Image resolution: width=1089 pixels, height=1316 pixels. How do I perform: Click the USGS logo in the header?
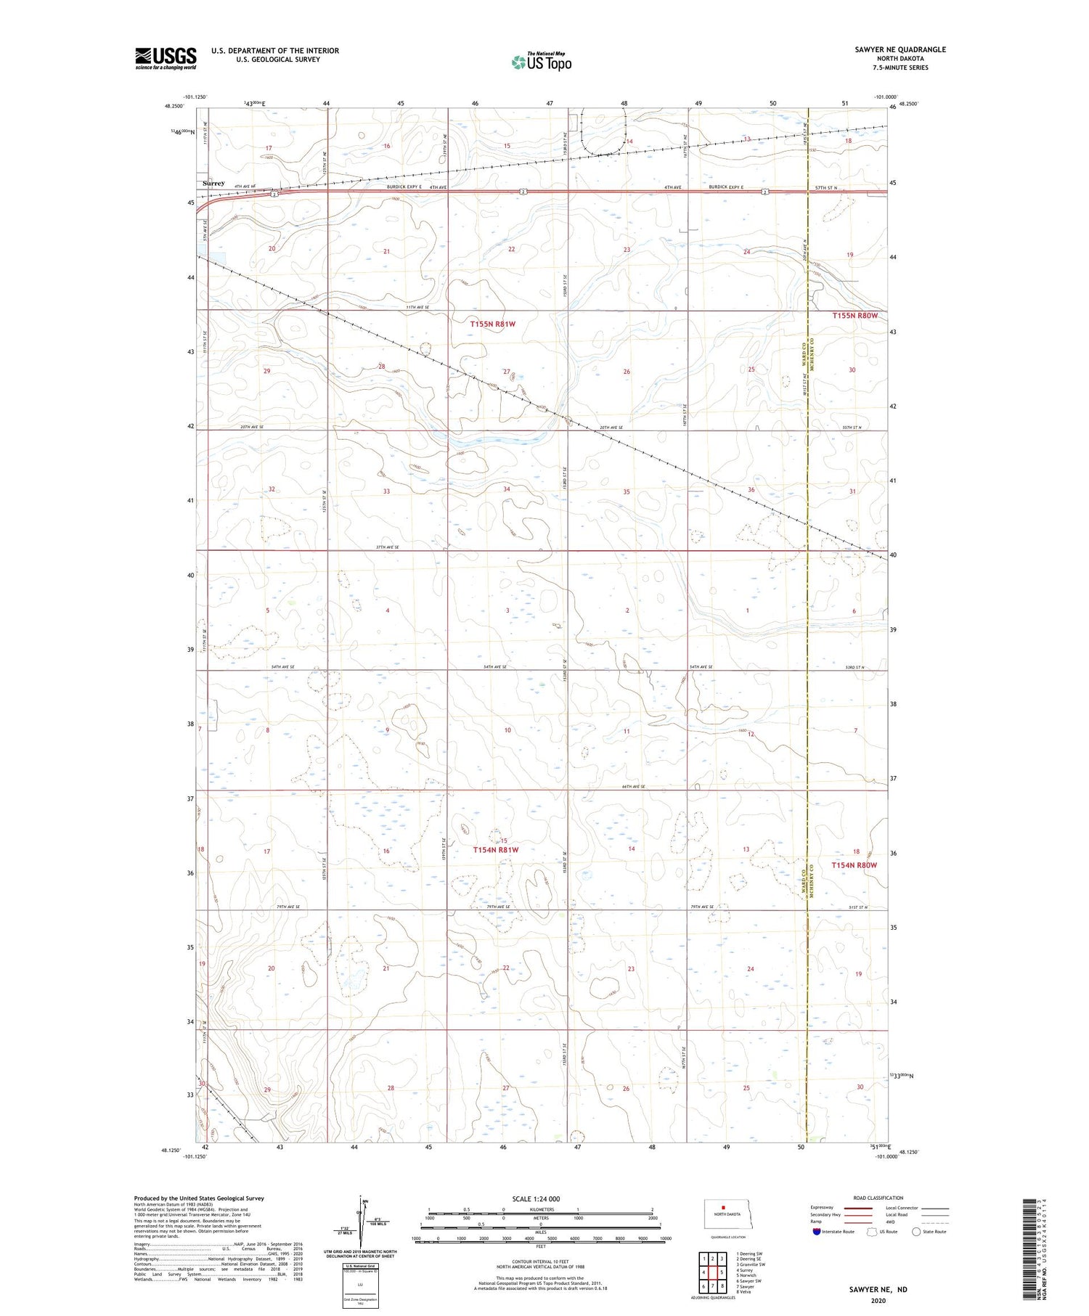[x=166, y=58]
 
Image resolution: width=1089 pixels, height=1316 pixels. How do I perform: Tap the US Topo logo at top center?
[x=542, y=62]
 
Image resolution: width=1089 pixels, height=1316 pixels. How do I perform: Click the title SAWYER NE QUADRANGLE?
[x=900, y=49]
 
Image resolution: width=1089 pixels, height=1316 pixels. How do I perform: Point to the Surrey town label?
[x=213, y=184]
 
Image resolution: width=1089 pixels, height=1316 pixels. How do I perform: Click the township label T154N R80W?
[x=855, y=865]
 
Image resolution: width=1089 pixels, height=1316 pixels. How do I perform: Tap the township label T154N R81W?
[x=496, y=849]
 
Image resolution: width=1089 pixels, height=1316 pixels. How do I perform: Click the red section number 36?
[x=751, y=489]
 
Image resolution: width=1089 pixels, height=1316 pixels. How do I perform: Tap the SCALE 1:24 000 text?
[x=536, y=1198]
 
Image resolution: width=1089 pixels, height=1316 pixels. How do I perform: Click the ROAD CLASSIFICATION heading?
[x=878, y=1198]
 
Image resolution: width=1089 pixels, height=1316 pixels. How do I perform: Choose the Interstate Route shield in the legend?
[x=817, y=1232]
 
